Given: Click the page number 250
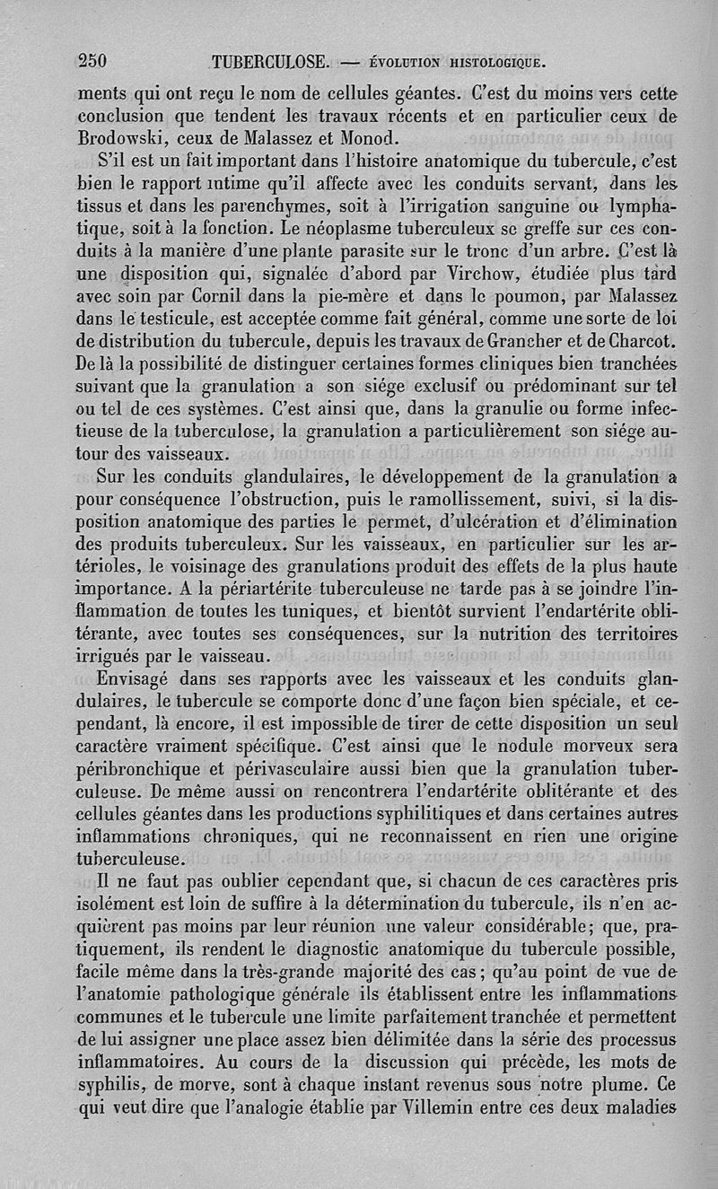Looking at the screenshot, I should pos(92,61).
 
